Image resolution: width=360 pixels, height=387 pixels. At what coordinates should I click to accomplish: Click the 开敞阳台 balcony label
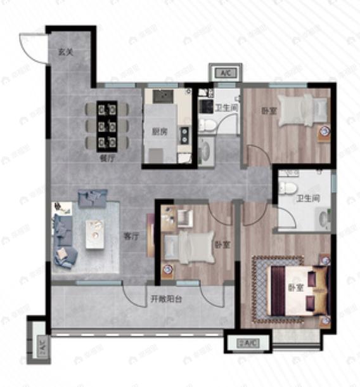167,300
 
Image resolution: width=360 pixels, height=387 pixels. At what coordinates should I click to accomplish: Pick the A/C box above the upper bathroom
225,74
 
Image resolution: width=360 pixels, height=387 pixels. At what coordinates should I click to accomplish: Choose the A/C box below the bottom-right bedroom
247,343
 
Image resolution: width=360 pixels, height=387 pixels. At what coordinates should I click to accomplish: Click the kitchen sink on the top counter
162,96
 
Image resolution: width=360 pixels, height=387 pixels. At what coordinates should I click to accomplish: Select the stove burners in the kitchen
184,134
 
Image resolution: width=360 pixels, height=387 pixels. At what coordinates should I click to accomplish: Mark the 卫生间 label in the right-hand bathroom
307,198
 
